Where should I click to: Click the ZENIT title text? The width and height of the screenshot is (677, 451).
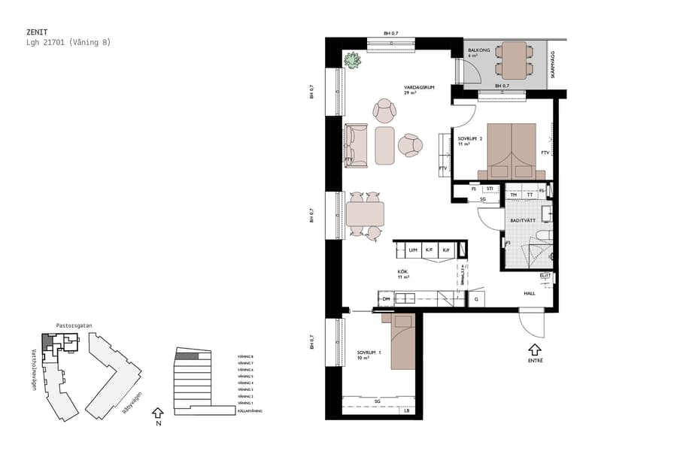[37, 32]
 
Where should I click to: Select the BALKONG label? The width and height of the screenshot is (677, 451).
[478, 50]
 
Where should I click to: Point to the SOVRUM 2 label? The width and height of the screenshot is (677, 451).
[470, 138]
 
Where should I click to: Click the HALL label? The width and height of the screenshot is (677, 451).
[530, 293]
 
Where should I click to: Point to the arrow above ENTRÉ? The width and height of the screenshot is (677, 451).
[534, 349]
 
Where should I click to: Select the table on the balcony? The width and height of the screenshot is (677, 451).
[515, 60]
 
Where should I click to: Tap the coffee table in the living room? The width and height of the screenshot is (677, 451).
[384, 145]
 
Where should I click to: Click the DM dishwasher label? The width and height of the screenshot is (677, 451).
[386, 299]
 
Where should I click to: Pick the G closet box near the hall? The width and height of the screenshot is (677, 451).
[476, 299]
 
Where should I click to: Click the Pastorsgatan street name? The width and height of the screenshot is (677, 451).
[73, 326]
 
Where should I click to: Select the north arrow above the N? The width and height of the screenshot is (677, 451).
[157, 412]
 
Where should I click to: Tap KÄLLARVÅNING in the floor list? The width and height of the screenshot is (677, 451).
[250, 411]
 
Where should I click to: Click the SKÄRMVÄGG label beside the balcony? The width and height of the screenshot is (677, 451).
[551, 68]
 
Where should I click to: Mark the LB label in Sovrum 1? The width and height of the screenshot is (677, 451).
[406, 410]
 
